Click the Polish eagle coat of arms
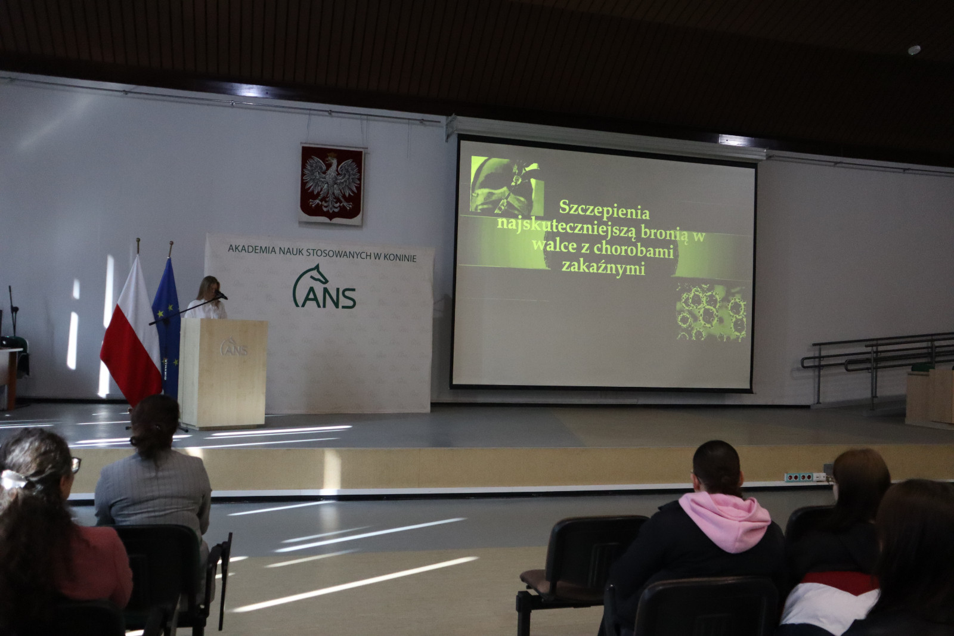point(332,184)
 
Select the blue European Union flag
point(167,328)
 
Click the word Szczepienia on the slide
point(604,209)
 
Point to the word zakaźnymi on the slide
point(603,268)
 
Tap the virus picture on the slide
point(711,312)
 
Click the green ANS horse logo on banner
point(324,287)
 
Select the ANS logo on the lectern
point(234,348)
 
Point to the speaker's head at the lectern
point(209,287)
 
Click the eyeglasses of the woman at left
point(75,465)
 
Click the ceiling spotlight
point(914,50)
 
